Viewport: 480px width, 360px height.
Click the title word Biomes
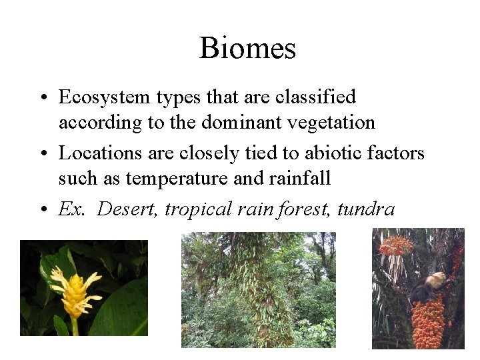pos(247,48)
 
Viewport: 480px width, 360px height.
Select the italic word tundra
pos(366,209)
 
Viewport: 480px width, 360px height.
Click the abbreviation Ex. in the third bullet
pos(71,209)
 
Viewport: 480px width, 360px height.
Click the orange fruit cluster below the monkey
pos(427,323)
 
